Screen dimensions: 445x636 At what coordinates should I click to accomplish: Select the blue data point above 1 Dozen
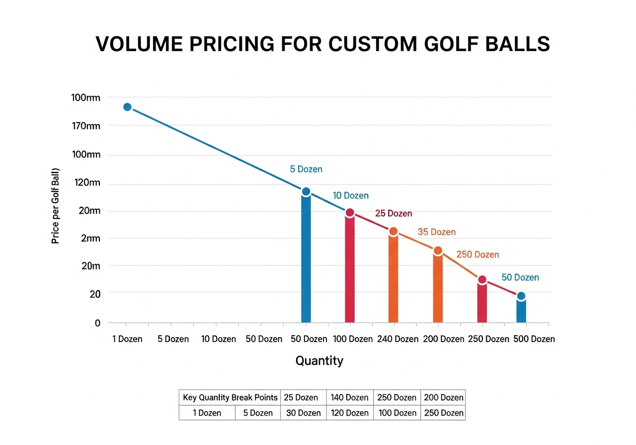127,107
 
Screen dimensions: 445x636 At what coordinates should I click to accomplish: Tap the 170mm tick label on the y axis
86,126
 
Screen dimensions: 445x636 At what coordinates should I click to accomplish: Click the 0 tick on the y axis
97,323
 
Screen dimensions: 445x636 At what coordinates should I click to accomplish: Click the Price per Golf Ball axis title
56,206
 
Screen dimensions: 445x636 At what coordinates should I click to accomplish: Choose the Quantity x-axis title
319,361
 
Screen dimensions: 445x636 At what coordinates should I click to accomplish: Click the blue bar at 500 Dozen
521,310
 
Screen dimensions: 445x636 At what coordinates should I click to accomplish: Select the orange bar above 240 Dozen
393,278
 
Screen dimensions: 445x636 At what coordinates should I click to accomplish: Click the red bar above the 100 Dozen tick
350,268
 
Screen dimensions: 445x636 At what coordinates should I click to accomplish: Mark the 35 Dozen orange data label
436,232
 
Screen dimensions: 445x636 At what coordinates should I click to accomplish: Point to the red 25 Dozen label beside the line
393,214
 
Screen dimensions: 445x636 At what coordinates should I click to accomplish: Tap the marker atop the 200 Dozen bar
438,251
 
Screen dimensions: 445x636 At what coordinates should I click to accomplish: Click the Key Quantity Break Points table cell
230,397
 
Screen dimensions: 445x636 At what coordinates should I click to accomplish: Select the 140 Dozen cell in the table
350,397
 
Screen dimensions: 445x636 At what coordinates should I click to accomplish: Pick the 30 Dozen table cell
303,413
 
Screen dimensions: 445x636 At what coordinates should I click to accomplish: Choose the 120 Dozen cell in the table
350,413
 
